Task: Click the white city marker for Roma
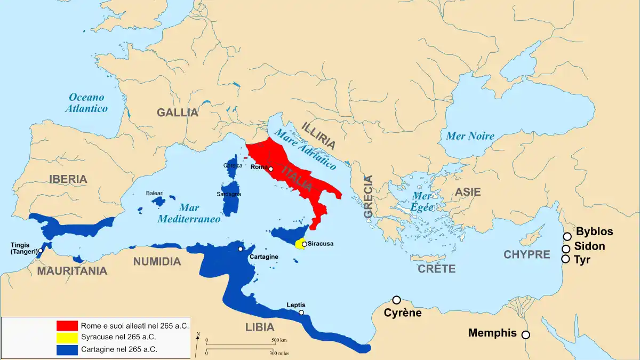coord(271,169)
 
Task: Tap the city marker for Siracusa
coord(304,244)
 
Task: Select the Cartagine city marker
coord(241,249)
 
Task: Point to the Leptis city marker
coord(301,313)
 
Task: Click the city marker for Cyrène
coord(396,300)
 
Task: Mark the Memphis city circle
coord(525,335)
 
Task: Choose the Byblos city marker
coord(567,236)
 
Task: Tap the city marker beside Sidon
coord(566,249)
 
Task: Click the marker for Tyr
coord(565,259)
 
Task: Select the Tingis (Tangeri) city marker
coord(41,250)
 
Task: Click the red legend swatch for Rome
coord(67,325)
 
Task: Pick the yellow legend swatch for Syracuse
coord(67,338)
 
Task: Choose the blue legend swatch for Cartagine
coord(67,350)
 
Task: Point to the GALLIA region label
coord(178,113)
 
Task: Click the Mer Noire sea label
coord(470,136)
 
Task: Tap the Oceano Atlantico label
coord(86,103)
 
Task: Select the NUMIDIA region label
coord(157,261)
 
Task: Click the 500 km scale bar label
coord(279,340)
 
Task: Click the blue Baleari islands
coord(159,202)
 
